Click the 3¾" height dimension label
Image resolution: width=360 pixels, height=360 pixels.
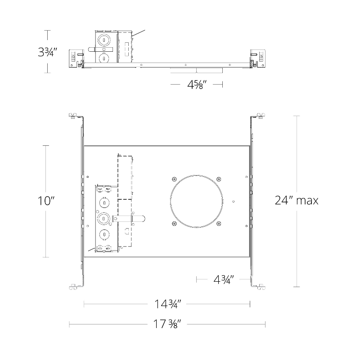47,52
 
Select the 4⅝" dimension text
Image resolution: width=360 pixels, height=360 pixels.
197,85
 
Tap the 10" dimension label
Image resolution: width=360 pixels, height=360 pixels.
46,201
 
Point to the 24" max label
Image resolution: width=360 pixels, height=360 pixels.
297,200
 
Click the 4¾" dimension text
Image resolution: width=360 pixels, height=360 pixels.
224,279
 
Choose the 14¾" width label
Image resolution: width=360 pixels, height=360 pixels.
167,304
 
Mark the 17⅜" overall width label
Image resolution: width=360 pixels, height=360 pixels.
167,324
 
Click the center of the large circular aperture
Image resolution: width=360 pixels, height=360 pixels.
196,201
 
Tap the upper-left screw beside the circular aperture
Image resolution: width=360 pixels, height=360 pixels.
174,179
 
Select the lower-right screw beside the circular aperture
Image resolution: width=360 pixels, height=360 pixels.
219,223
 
